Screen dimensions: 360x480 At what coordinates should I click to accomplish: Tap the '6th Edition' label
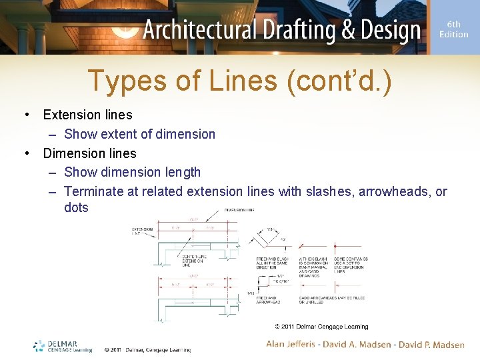click(453, 29)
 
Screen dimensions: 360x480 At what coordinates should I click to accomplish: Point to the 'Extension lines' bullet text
click(87, 115)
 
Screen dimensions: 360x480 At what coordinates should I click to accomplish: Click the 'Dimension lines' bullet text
click(89, 153)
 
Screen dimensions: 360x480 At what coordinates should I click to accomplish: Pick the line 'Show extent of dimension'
click(139, 134)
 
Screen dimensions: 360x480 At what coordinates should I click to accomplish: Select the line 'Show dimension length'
click(132, 172)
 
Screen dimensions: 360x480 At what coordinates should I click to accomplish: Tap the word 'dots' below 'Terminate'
click(76, 207)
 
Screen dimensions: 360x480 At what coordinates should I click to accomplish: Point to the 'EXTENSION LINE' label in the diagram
click(142, 231)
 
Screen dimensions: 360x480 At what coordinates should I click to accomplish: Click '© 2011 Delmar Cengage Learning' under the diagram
click(321, 327)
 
